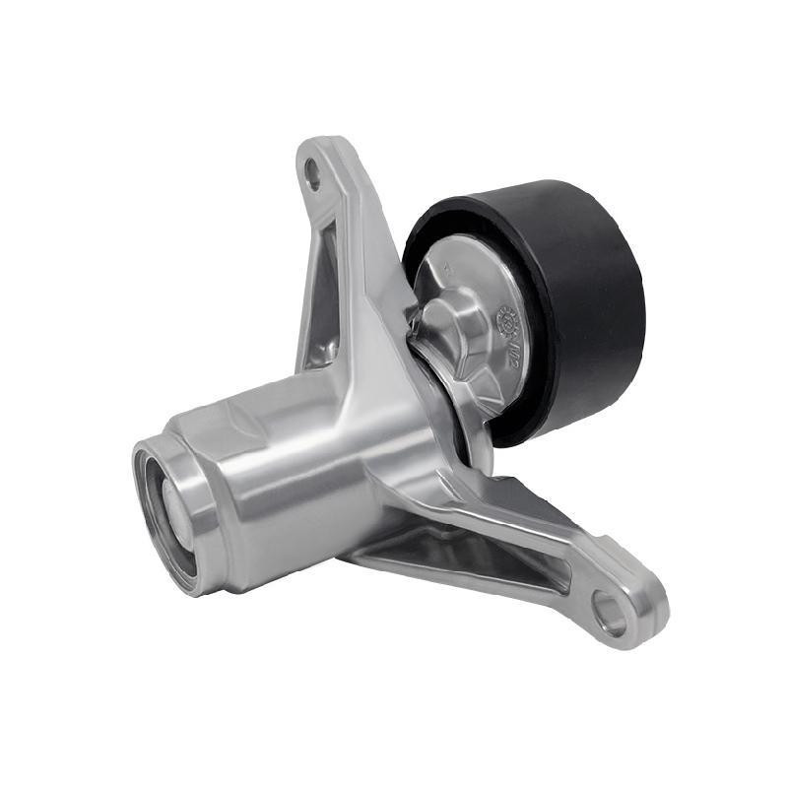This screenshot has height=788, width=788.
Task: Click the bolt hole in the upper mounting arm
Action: pyautogui.click(x=313, y=176)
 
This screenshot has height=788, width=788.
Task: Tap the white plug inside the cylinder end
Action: pyautogui.click(x=167, y=508)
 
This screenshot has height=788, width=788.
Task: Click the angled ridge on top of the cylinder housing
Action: pyautogui.click(x=256, y=414)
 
